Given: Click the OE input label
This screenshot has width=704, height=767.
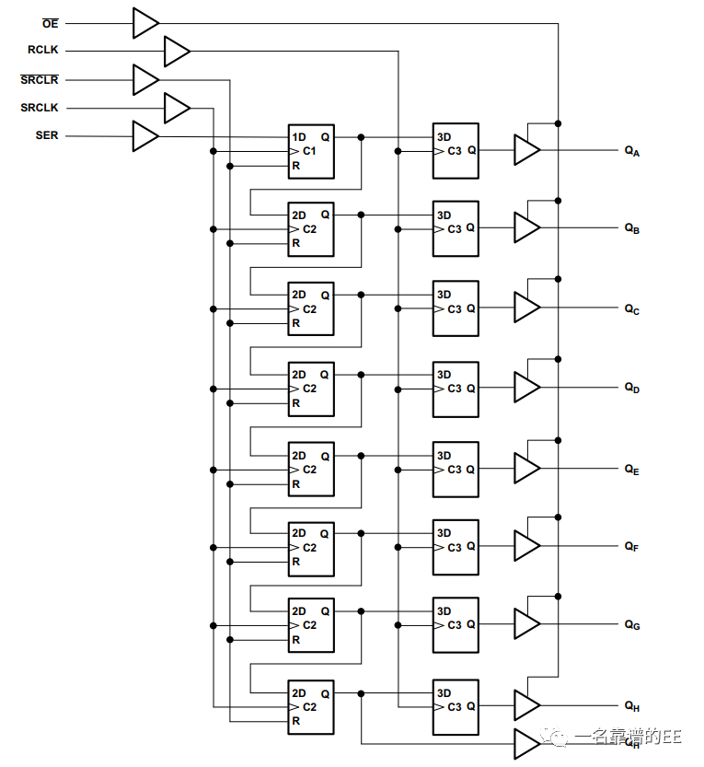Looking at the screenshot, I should [50, 23].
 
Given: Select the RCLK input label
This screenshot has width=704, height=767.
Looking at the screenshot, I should [42, 51].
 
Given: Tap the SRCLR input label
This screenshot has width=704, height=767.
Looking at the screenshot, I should [39, 80].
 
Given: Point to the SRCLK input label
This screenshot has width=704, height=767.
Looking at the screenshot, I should [39, 108].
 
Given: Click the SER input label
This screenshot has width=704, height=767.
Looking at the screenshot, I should [46, 135].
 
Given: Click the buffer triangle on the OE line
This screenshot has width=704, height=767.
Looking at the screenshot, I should [144, 23].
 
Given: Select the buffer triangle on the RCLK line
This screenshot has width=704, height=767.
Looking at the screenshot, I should [176, 51].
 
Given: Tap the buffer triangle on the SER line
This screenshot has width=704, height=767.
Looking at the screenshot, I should [144, 136].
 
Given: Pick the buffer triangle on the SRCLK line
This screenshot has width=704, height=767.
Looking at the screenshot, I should [176, 108].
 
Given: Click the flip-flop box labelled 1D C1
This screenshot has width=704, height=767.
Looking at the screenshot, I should [311, 151].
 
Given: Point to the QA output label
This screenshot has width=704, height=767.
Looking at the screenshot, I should [631, 151].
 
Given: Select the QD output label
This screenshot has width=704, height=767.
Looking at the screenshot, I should [631, 389].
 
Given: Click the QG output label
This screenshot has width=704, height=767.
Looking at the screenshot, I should [631, 625].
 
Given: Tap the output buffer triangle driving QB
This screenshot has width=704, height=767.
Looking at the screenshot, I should [525, 227].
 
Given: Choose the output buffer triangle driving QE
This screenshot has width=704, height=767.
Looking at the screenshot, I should [525, 468].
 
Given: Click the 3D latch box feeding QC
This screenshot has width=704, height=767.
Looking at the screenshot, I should [456, 308].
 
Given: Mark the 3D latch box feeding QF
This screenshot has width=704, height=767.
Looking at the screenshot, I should [456, 547].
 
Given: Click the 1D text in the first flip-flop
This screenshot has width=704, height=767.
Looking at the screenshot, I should [299, 137].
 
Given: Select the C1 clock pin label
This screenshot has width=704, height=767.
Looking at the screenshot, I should [309, 151].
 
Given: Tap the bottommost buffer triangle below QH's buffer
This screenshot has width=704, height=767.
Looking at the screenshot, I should [525, 743].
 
